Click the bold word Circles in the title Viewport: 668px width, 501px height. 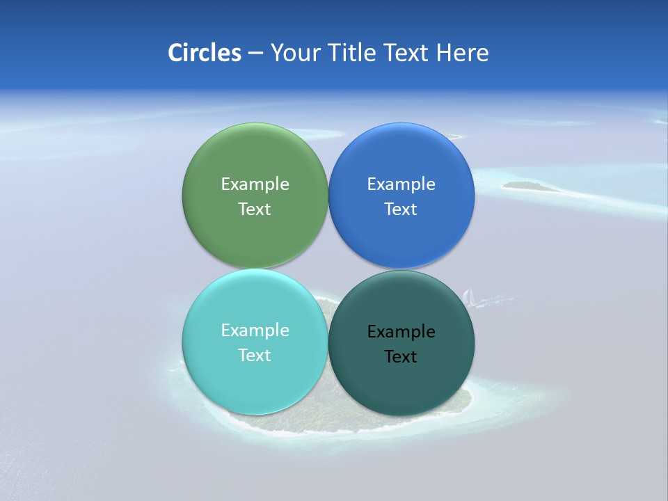coord(205,53)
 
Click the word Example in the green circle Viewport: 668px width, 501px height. coord(255,184)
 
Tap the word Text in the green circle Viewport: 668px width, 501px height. coord(255,209)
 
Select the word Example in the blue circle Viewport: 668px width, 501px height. coord(401,184)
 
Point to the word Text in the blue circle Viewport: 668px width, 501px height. coord(401,209)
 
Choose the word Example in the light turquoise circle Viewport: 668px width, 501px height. coord(255,331)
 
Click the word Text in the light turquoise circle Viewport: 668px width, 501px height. coord(255,356)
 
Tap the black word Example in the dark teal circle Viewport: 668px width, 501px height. coord(401,332)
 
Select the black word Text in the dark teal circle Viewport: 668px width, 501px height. coord(401,357)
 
